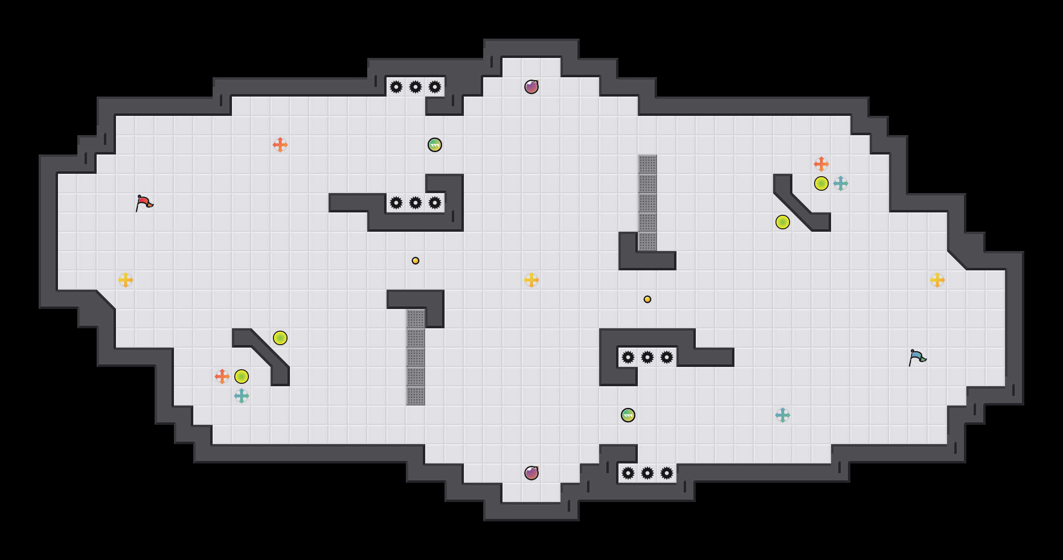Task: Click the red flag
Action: pyautogui.click(x=144, y=203)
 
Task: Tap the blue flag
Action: pyautogui.click(x=917, y=358)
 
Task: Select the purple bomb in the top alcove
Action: pyautogui.click(x=531, y=87)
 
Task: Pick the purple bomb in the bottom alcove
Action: pyautogui.click(x=531, y=473)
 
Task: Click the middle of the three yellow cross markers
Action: pyautogui.click(x=531, y=280)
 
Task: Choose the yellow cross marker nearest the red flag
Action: pyautogui.click(x=126, y=280)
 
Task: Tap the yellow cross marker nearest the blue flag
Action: pyautogui.click(x=937, y=280)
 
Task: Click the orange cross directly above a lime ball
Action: pyautogui.click(x=821, y=164)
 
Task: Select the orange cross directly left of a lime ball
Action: pyautogui.click(x=222, y=377)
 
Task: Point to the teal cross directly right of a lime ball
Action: pyautogui.click(x=841, y=183)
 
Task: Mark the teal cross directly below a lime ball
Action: pyautogui.click(x=242, y=396)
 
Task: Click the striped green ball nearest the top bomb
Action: pyautogui.click(x=435, y=145)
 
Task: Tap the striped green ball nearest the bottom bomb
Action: pyautogui.click(x=628, y=415)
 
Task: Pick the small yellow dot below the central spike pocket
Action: pyautogui.click(x=416, y=261)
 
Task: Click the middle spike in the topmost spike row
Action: pyautogui.click(x=416, y=87)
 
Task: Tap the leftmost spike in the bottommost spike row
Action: pyautogui.click(x=628, y=473)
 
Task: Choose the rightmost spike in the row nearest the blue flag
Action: pyautogui.click(x=667, y=357)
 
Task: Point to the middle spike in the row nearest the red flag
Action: pyautogui.click(x=416, y=203)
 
